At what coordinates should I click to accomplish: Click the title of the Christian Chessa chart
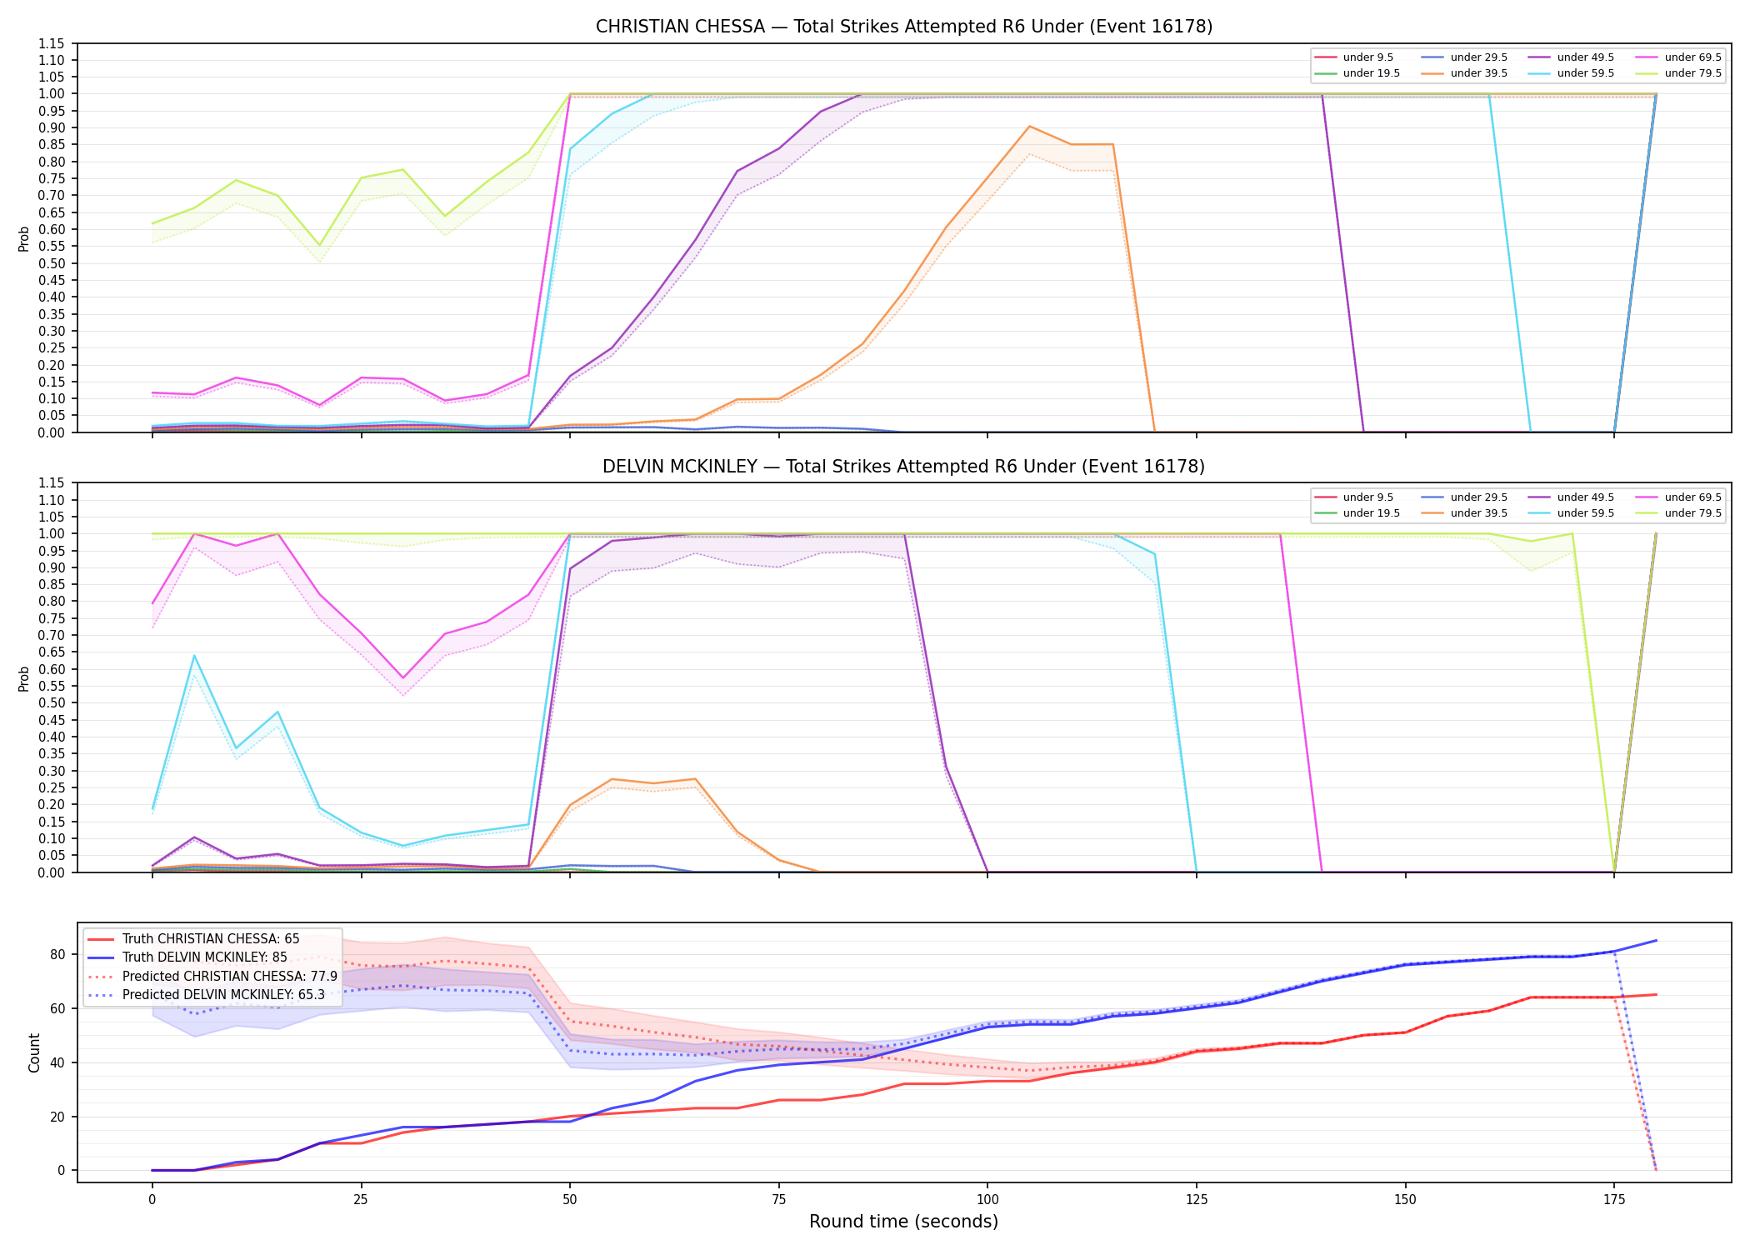(x=904, y=27)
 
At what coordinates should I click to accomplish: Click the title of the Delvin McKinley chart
(x=904, y=467)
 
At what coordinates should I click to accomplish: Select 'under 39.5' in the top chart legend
(x=1478, y=73)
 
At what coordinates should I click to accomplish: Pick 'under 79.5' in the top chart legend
(x=1692, y=73)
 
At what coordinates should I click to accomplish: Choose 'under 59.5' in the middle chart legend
(x=1585, y=513)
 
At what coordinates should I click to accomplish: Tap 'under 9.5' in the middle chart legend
(x=1367, y=497)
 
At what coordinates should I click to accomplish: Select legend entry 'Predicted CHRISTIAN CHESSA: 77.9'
(x=230, y=976)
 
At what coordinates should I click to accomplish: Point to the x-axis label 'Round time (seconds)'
(x=904, y=1222)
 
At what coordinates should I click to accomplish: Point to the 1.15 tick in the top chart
(x=52, y=43)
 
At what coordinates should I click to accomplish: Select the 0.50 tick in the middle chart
(x=52, y=702)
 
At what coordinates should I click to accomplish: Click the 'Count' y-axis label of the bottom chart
(x=34, y=1052)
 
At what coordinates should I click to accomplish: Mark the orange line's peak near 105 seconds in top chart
(x=1030, y=127)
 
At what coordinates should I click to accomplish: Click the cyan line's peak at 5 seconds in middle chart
(x=194, y=656)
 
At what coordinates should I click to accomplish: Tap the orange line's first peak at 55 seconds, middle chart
(x=612, y=779)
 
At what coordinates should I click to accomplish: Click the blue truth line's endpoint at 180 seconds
(x=1656, y=941)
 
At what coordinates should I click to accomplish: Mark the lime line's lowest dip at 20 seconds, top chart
(x=319, y=246)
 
